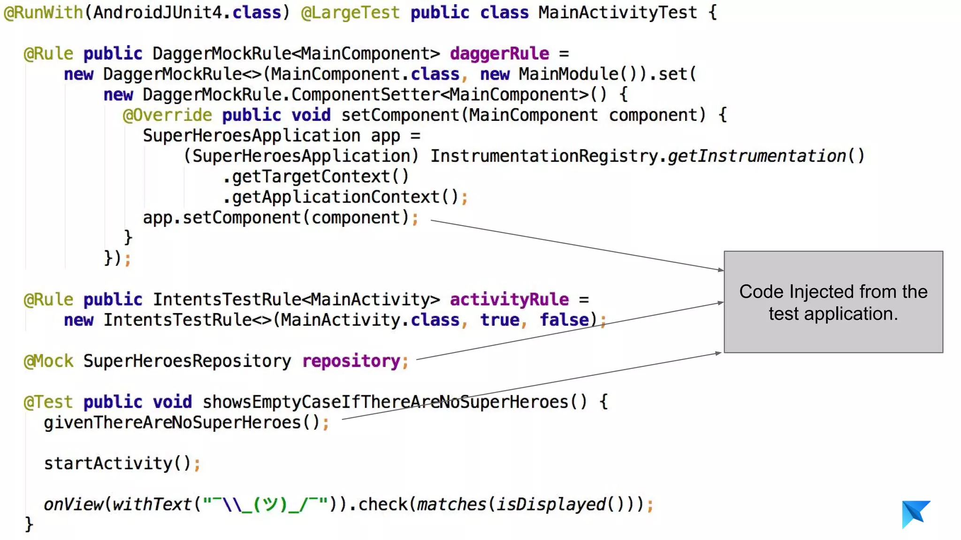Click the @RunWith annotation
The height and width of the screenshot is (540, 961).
pos(43,13)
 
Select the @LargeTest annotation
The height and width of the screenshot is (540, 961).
pos(350,13)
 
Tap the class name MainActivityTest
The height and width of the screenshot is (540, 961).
pos(618,13)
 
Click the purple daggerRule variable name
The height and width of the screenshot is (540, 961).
pos(499,54)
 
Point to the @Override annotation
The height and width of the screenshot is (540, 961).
pos(167,115)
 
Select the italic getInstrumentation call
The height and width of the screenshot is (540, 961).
pos(756,156)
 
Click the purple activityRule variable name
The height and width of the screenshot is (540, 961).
pos(509,300)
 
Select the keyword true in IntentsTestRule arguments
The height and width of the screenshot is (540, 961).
pos(500,320)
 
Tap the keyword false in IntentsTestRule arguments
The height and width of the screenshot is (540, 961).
pos(564,320)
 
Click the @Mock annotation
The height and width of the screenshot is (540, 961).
pos(49,361)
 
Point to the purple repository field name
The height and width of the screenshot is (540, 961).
pos(351,361)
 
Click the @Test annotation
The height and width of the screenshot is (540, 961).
pos(49,402)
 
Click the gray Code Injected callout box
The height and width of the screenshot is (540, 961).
pos(833,302)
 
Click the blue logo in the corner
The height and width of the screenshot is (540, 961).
pos(915,514)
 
